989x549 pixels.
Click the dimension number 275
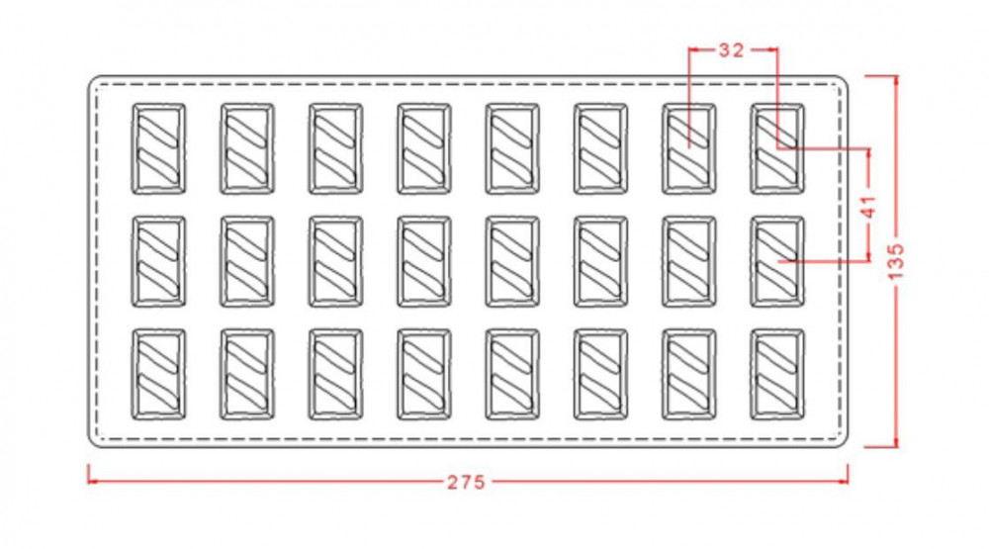[x=467, y=483]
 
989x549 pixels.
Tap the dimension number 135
[x=896, y=261]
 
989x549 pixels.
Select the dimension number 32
[x=732, y=49]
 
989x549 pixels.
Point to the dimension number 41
[x=868, y=207]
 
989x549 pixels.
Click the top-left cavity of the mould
[x=159, y=148]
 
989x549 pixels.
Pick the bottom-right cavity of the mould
[x=777, y=375]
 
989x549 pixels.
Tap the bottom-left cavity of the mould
[x=159, y=375]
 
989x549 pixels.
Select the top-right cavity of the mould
[x=777, y=148]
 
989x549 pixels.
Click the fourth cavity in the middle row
[x=424, y=261]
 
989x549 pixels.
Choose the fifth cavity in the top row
[x=512, y=148]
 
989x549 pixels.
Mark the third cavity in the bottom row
[x=336, y=375]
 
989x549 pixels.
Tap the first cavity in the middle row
[x=159, y=261]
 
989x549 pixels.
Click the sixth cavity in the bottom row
[x=600, y=375]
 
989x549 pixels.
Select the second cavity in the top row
[x=247, y=148]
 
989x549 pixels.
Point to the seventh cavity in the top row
[x=689, y=148]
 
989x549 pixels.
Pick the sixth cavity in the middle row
[x=600, y=261]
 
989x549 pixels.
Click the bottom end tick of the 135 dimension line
[x=896, y=446]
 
